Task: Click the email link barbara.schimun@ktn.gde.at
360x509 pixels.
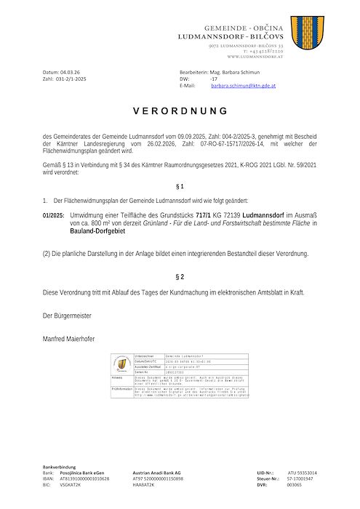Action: (x=244, y=86)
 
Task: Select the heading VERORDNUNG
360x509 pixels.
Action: (x=180, y=111)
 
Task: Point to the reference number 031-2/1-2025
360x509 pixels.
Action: (x=71, y=79)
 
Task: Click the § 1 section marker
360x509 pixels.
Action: (x=180, y=187)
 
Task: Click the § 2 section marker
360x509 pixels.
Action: (x=180, y=277)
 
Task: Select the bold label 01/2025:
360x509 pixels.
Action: (x=53, y=216)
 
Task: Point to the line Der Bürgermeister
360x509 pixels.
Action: (x=67, y=316)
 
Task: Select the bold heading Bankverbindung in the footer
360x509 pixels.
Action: (x=58, y=468)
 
